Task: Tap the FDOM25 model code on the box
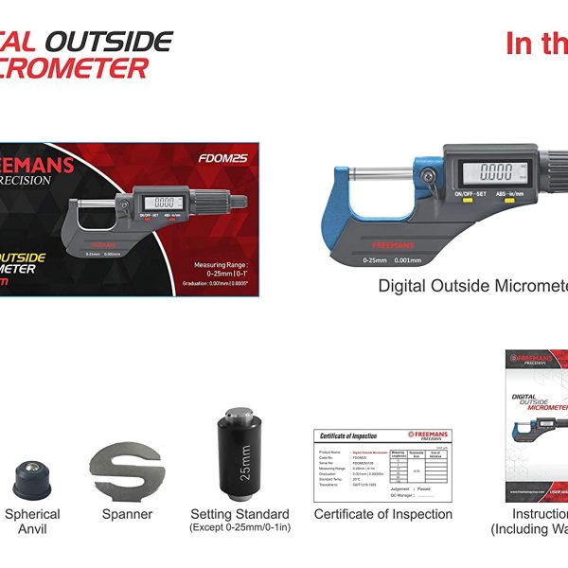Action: pyautogui.click(x=224, y=158)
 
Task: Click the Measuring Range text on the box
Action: pyautogui.click(x=220, y=265)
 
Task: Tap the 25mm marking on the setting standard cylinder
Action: pyautogui.click(x=245, y=468)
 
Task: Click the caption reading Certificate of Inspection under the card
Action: pyautogui.click(x=382, y=515)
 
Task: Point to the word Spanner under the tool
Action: pyautogui.click(x=127, y=515)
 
